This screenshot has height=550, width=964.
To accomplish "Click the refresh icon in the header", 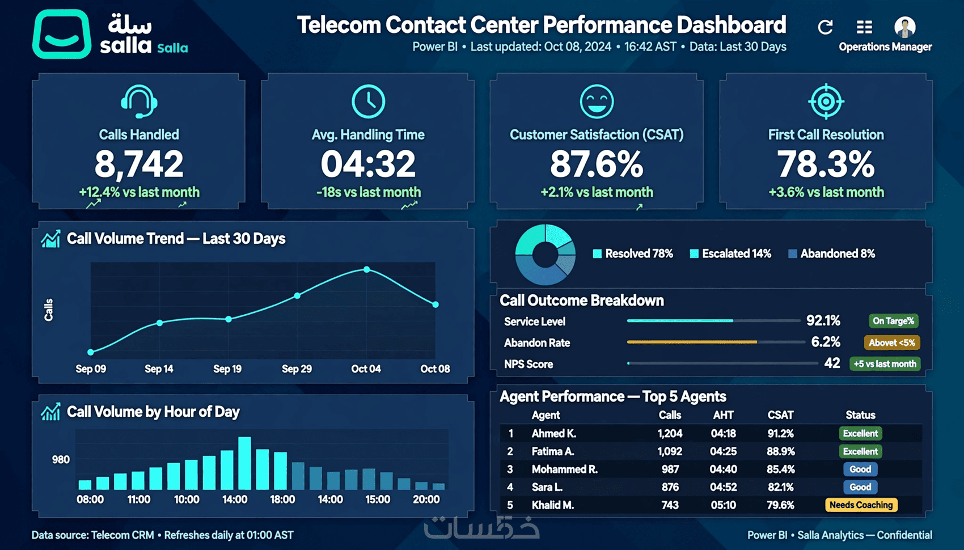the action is (825, 27).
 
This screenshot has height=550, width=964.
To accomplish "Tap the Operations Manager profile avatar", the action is (905, 27).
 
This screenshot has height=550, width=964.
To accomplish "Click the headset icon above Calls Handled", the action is (139, 101).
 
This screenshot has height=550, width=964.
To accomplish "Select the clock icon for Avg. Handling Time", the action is (369, 101).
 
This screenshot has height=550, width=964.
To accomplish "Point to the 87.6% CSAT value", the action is (597, 164).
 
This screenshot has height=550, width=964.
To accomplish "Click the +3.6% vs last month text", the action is (826, 192).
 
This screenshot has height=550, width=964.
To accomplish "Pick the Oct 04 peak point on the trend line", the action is (367, 269).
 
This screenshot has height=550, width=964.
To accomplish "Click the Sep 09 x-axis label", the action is (91, 369).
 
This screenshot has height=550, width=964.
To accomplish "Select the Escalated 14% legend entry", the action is (730, 253).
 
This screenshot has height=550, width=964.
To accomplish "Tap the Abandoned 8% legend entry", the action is (831, 253).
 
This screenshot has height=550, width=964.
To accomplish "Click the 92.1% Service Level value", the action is (823, 320).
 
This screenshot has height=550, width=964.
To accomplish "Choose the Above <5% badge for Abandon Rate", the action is (891, 342).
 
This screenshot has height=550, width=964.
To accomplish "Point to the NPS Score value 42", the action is (832, 363).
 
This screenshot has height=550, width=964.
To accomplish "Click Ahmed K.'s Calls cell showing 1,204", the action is (670, 433).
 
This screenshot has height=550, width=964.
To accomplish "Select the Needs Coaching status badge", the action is (861, 505).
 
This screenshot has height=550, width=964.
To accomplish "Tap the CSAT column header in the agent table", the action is (780, 415).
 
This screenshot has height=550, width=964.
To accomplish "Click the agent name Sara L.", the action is (547, 487).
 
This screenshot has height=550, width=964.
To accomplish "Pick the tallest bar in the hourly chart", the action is (244, 463).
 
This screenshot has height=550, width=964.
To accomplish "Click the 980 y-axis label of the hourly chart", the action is (61, 460).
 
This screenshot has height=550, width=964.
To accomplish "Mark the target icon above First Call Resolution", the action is (826, 101).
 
